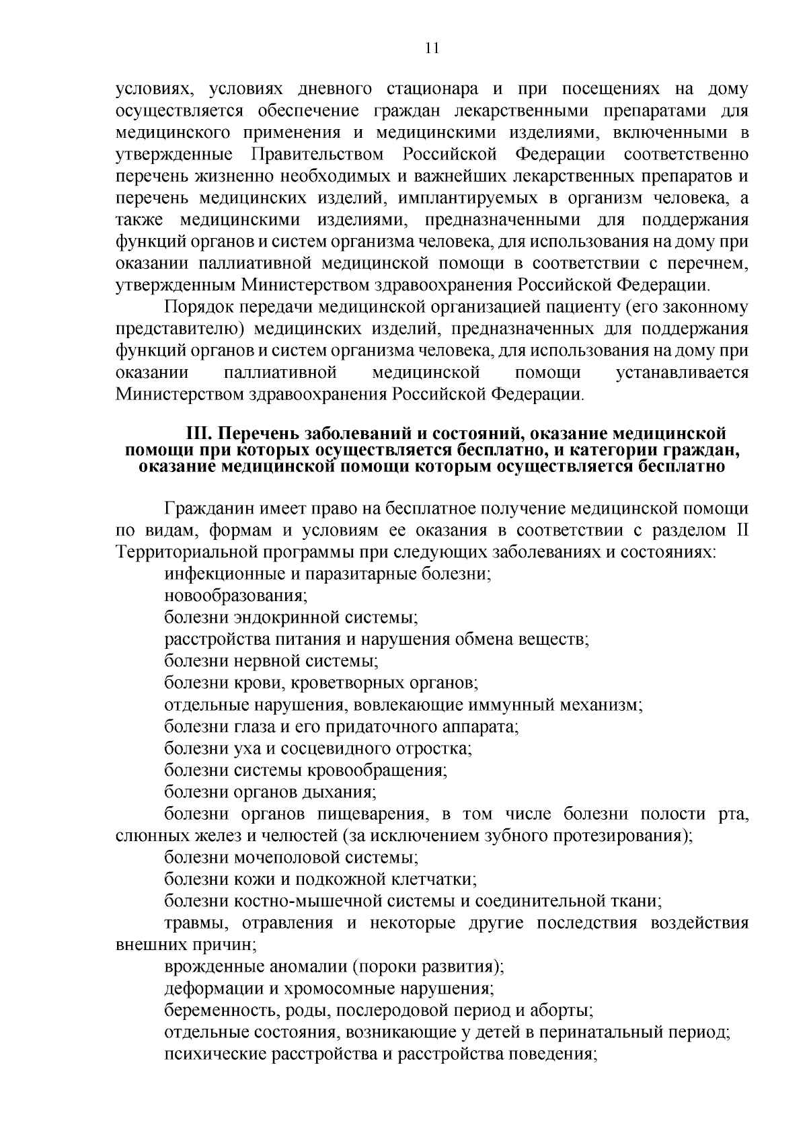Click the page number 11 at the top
(x=431, y=48)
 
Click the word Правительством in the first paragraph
(x=317, y=155)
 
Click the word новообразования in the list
(x=235, y=596)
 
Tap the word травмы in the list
(x=194, y=924)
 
